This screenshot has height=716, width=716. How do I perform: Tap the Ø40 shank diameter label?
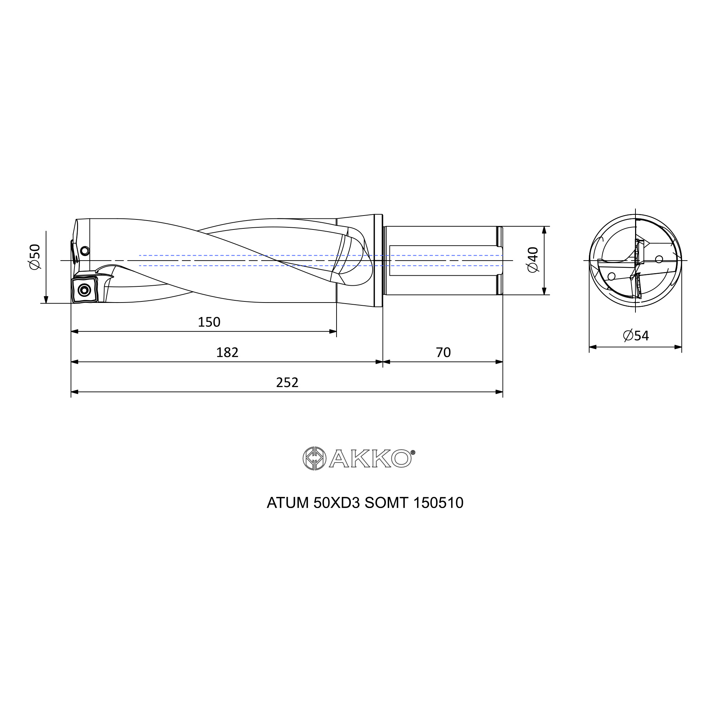pyautogui.click(x=533, y=260)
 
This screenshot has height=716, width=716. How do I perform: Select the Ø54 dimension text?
pyautogui.click(x=636, y=336)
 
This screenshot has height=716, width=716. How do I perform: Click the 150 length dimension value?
pyautogui.click(x=209, y=322)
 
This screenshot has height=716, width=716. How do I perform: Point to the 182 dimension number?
pyautogui.click(x=227, y=352)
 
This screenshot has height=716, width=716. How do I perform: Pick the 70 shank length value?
pyautogui.click(x=443, y=352)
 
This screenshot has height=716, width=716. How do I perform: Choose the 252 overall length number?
pyautogui.click(x=287, y=382)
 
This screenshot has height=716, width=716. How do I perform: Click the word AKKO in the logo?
pyautogui.click(x=370, y=459)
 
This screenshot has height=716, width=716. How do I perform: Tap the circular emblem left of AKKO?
pyautogui.click(x=314, y=459)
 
